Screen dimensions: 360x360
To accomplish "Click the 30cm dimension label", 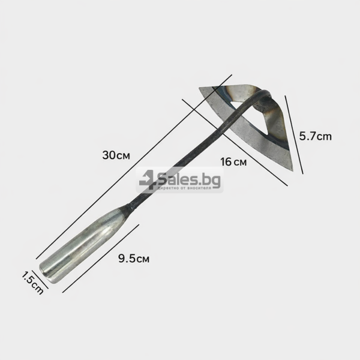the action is pyautogui.click(x=116, y=155).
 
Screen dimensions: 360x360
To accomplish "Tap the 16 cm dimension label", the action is pyautogui.click(x=233, y=162).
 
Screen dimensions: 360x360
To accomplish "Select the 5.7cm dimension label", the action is pyautogui.click(x=315, y=136).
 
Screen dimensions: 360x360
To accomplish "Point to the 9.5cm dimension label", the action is pyautogui.click(x=134, y=259).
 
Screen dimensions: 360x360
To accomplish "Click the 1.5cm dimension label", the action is pyautogui.click(x=32, y=283).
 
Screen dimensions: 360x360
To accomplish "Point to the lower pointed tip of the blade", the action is pyautogui.click(x=292, y=170).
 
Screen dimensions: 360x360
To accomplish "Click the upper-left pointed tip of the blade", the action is pyautogui.click(x=200, y=88).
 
